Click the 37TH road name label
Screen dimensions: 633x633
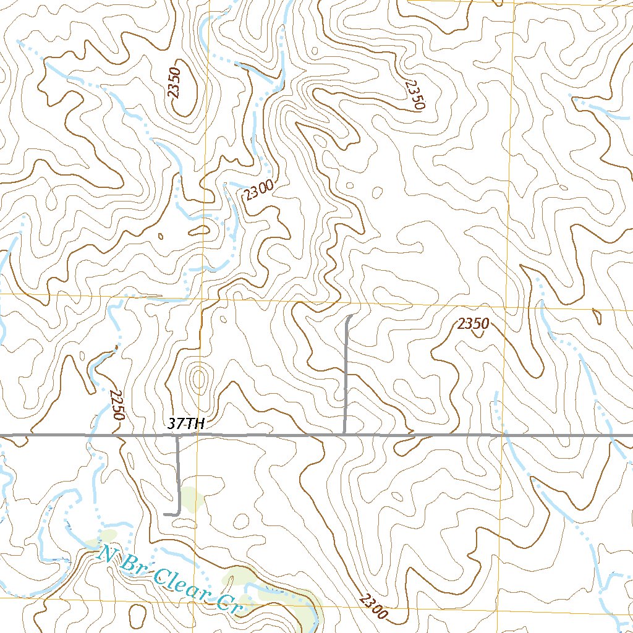[x=185, y=424]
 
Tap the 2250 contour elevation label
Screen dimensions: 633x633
[x=116, y=405]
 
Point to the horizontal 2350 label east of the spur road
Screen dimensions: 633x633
[x=474, y=323]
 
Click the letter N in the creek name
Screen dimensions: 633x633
[x=109, y=551]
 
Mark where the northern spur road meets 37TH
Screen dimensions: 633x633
[x=344, y=435]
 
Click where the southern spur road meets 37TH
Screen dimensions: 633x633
[x=178, y=436]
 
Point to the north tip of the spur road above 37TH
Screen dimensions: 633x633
[x=351, y=316]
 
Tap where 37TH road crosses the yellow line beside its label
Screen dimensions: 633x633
[x=198, y=435]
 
